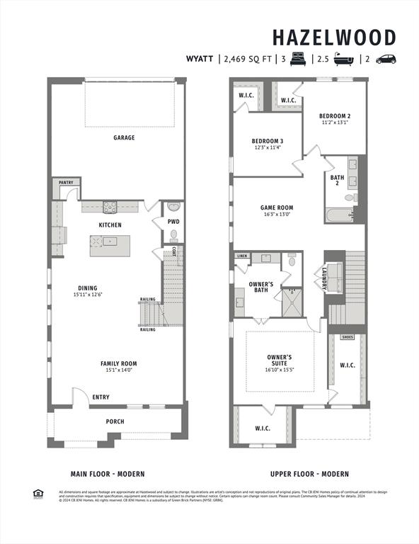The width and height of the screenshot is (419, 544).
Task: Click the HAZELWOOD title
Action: [x=334, y=37]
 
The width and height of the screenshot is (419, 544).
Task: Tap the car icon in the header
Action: [x=386, y=59]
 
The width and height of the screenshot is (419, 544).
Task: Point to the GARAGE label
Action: [x=124, y=137]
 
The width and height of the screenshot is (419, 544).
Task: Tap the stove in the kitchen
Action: [x=110, y=208]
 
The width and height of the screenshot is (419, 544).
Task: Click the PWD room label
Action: [x=173, y=222]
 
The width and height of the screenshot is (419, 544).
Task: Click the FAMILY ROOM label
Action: [x=118, y=363]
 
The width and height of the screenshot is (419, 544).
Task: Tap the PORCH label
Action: [x=115, y=421]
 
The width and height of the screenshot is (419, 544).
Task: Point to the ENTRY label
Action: [x=101, y=397]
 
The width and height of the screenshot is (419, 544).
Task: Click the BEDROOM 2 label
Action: [x=335, y=115]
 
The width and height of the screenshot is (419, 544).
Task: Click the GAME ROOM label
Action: [x=277, y=208]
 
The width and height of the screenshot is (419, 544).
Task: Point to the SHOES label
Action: [x=348, y=337]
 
